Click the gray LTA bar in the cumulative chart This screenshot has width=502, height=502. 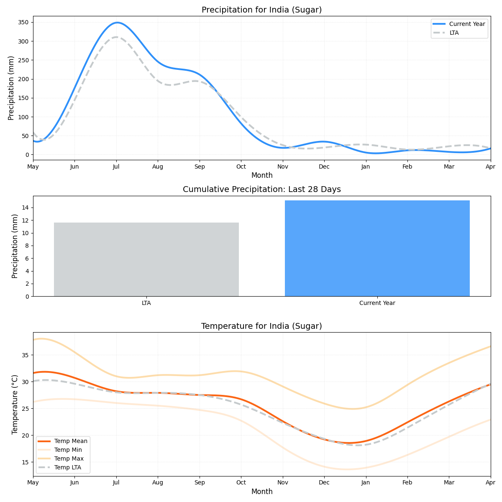click(x=146, y=259)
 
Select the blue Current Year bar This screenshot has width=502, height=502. click(x=377, y=248)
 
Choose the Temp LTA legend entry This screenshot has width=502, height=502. click(x=67, y=467)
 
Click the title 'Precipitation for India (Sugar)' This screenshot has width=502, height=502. click(x=261, y=10)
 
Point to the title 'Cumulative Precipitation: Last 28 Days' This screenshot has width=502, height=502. click(x=261, y=190)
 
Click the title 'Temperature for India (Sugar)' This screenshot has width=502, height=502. click(x=261, y=326)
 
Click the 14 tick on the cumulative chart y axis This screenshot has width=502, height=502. click(x=26, y=208)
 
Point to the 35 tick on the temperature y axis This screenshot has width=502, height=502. click(x=26, y=355)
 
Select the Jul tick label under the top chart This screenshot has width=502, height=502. click(x=116, y=166)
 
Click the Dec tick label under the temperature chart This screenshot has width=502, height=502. click(x=324, y=483)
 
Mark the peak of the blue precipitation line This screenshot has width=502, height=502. click(x=117, y=23)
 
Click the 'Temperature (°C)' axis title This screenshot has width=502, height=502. click(x=15, y=404)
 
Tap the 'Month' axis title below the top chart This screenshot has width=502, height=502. click(x=261, y=176)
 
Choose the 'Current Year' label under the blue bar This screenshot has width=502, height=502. click(x=377, y=303)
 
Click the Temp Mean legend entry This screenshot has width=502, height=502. click(x=70, y=441)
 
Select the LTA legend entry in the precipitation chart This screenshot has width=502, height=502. click(x=454, y=33)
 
